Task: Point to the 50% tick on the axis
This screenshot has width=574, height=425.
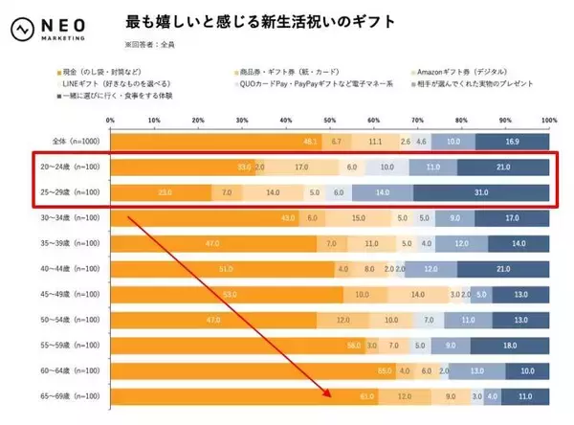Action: coord(330,120)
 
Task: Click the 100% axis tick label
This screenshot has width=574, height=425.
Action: coord(547,120)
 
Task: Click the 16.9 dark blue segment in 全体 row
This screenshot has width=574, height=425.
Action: coord(513,140)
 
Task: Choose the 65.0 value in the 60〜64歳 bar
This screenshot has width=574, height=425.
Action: coord(385,369)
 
